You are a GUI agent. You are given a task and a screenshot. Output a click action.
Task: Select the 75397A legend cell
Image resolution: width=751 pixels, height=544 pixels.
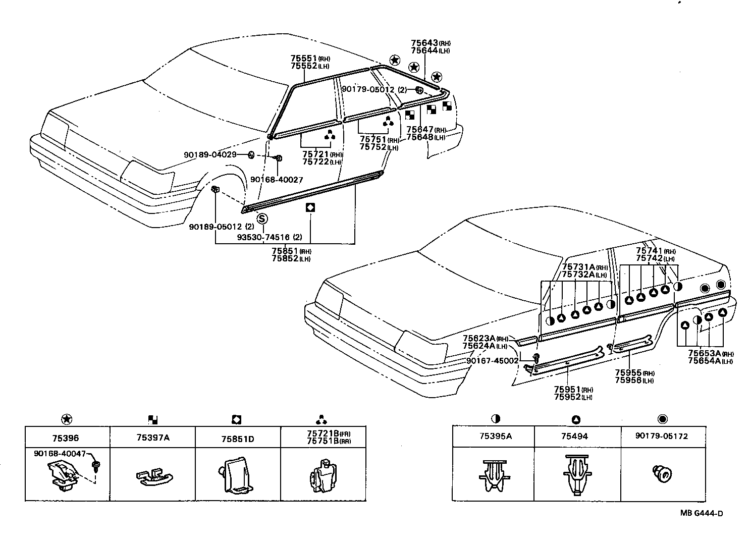tap(152, 438)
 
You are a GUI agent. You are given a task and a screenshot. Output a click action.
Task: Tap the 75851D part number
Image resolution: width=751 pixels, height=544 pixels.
tap(237, 439)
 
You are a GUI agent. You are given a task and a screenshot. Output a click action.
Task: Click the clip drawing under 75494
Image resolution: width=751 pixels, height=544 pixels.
tap(577, 475)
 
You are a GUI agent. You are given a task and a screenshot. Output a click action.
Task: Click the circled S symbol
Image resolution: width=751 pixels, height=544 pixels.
tap(262, 219)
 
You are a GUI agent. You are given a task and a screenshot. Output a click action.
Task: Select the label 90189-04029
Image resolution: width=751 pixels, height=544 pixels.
tap(210, 154)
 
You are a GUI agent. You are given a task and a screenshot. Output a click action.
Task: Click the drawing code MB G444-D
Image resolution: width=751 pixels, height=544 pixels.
tap(701, 514)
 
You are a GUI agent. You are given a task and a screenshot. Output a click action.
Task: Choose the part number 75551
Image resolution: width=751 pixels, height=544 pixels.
tap(303, 59)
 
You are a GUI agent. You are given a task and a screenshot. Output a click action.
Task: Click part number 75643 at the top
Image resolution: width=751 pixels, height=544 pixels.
tap(424, 43)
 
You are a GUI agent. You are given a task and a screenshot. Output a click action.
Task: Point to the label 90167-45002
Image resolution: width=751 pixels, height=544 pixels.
tap(492, 361)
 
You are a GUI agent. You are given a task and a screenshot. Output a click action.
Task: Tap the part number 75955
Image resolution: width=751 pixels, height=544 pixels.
tap(628, 373)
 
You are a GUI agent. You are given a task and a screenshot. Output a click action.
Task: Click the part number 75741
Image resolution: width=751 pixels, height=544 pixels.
tap(649, 251)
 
